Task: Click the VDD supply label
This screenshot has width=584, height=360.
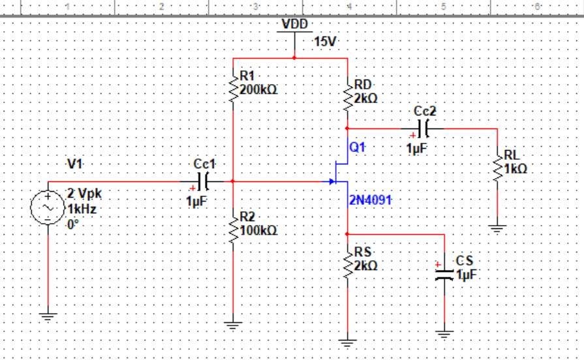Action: (295, 24)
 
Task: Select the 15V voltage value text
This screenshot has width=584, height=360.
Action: (325, 42)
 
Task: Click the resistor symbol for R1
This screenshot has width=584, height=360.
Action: (233, 88)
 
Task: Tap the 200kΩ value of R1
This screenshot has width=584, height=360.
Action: (258, 89)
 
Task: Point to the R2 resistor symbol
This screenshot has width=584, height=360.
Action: (233, 228)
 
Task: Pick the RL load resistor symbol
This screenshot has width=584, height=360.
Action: (497, 166)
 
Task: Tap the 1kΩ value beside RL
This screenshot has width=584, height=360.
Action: (515, 168)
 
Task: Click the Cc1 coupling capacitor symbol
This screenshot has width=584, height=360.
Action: (204, 181)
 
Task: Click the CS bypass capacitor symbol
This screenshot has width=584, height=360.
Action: (444, 272)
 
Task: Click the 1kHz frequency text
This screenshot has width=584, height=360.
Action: (83, 209)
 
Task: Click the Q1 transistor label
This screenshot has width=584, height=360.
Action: (358, 147)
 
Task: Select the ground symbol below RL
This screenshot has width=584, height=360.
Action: (497, 228)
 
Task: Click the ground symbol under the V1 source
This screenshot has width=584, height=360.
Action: (48, 317)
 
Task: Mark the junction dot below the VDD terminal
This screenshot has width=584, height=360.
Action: (295, 58)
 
